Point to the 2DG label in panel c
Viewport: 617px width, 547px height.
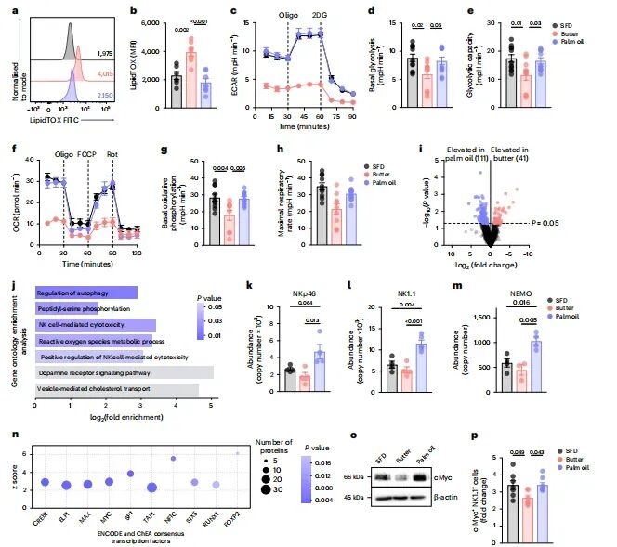pyautogui.click(x=322, y=16)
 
